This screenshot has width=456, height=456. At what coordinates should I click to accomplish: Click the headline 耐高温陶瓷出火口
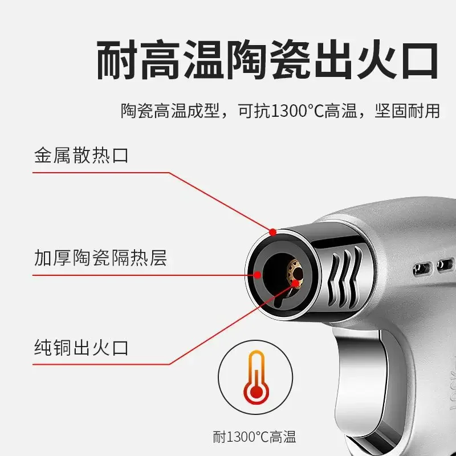click(267, 60)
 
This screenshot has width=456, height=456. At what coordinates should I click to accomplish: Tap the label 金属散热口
click(82, 155)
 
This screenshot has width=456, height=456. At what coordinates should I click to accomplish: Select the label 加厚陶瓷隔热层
click(101, 258)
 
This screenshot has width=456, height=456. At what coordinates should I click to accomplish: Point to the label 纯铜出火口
click(82, 347)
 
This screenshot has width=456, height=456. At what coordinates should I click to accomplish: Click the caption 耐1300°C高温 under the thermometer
click(255, 437)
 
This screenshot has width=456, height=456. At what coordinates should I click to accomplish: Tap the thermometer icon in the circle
click(256, 377)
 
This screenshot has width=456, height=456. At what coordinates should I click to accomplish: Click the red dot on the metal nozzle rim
click(273, 232)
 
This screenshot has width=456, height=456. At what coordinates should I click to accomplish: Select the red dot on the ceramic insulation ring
click(258, 275)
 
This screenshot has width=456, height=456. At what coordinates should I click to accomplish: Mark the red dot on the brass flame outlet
click(295, 283)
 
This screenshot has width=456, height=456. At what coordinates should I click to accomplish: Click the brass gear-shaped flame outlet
click(295, 274)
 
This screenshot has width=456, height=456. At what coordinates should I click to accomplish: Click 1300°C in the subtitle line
click(298, 111)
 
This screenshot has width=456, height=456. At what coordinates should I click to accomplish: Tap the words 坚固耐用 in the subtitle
click(407, 111)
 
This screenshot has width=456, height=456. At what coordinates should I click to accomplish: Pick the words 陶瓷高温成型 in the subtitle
click(170, 111)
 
